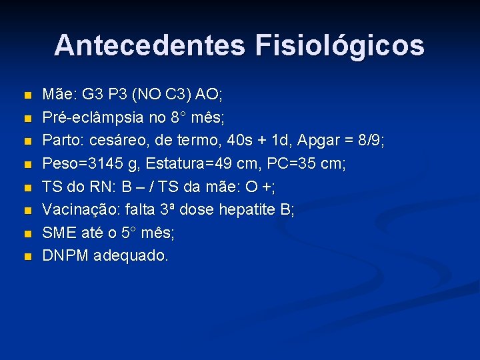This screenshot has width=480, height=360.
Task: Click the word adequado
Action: (x=131, y=256)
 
